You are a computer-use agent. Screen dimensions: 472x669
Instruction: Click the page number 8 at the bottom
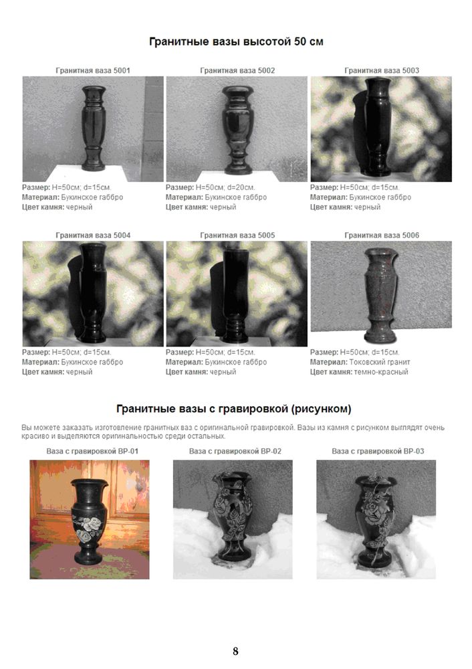point(235,651)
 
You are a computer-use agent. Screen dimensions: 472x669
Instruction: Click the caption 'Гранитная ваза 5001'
point(93,70)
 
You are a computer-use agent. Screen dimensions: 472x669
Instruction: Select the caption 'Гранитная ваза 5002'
point(237,70)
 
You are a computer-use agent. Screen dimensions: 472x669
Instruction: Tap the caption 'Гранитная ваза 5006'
point(382,235)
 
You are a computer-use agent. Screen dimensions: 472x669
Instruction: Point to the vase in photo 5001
point(94,128)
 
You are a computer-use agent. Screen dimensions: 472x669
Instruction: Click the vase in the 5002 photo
point(238,130)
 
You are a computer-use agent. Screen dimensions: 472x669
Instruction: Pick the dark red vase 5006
point(381,296)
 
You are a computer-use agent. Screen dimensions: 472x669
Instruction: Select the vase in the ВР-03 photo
point(375,520)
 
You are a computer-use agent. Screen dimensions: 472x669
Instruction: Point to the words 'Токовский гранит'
point(380,362)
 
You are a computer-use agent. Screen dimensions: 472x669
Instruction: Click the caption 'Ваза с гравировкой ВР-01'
point(92,451)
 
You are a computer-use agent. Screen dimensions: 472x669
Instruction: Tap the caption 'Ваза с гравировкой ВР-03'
point(378,451)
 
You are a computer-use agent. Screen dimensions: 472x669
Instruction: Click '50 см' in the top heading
point(309,41)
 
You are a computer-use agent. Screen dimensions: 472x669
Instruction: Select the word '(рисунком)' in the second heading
point(322,409)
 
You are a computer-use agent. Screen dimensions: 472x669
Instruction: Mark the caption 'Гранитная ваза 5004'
point(93,235)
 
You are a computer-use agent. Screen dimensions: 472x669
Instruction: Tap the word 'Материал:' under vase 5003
point(328,197)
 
